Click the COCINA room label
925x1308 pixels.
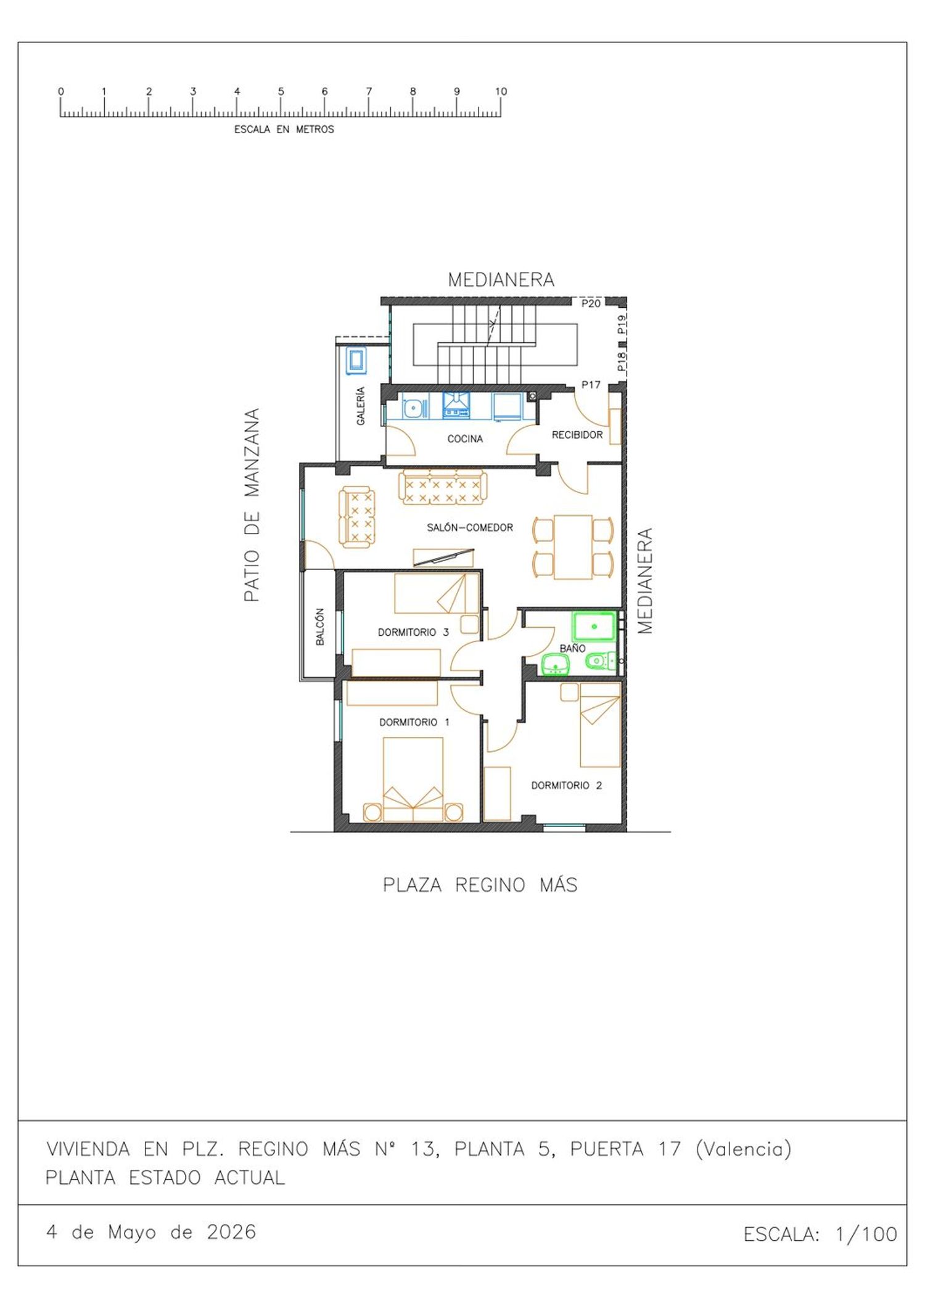465,438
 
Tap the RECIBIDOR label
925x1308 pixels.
577,435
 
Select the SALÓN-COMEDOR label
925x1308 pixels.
470,527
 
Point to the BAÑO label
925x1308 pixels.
572,648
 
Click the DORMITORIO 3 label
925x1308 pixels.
413,632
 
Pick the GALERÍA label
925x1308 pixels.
361,406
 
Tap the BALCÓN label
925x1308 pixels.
319,627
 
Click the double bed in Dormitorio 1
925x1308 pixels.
413,779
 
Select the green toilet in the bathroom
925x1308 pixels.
600,661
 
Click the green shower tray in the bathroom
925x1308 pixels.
594,627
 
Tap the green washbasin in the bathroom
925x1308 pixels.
555,665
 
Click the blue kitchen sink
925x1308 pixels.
414,408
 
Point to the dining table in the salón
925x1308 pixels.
573,547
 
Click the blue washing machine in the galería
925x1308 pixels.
356,360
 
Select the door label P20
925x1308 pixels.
591,303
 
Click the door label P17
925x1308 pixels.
591,385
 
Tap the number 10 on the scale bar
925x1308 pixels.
501,91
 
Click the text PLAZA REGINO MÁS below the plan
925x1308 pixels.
480,885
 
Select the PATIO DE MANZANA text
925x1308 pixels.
252,504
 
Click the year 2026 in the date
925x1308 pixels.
231,1232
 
